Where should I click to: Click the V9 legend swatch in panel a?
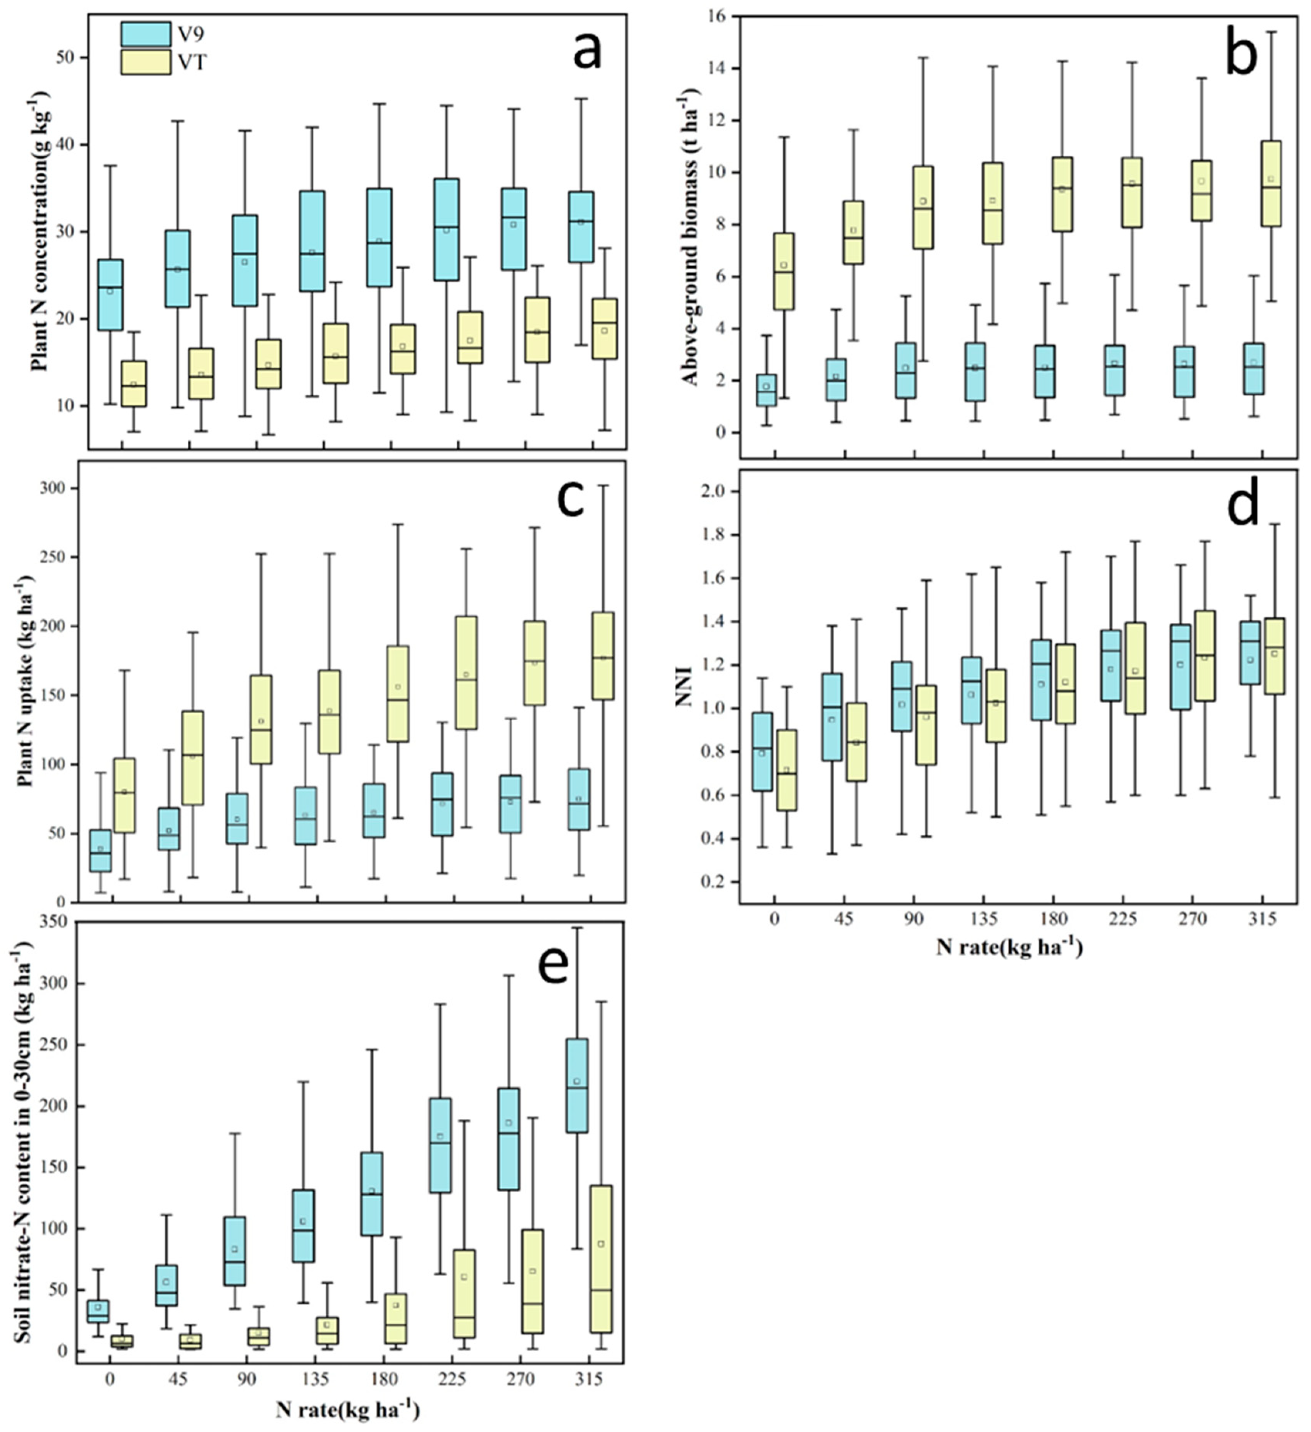click(x=146, y=34)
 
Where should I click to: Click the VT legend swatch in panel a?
click(x=146, y=62)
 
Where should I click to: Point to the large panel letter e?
click(x=553, y=965)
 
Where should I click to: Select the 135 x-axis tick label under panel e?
click(x=315, y=1380)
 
